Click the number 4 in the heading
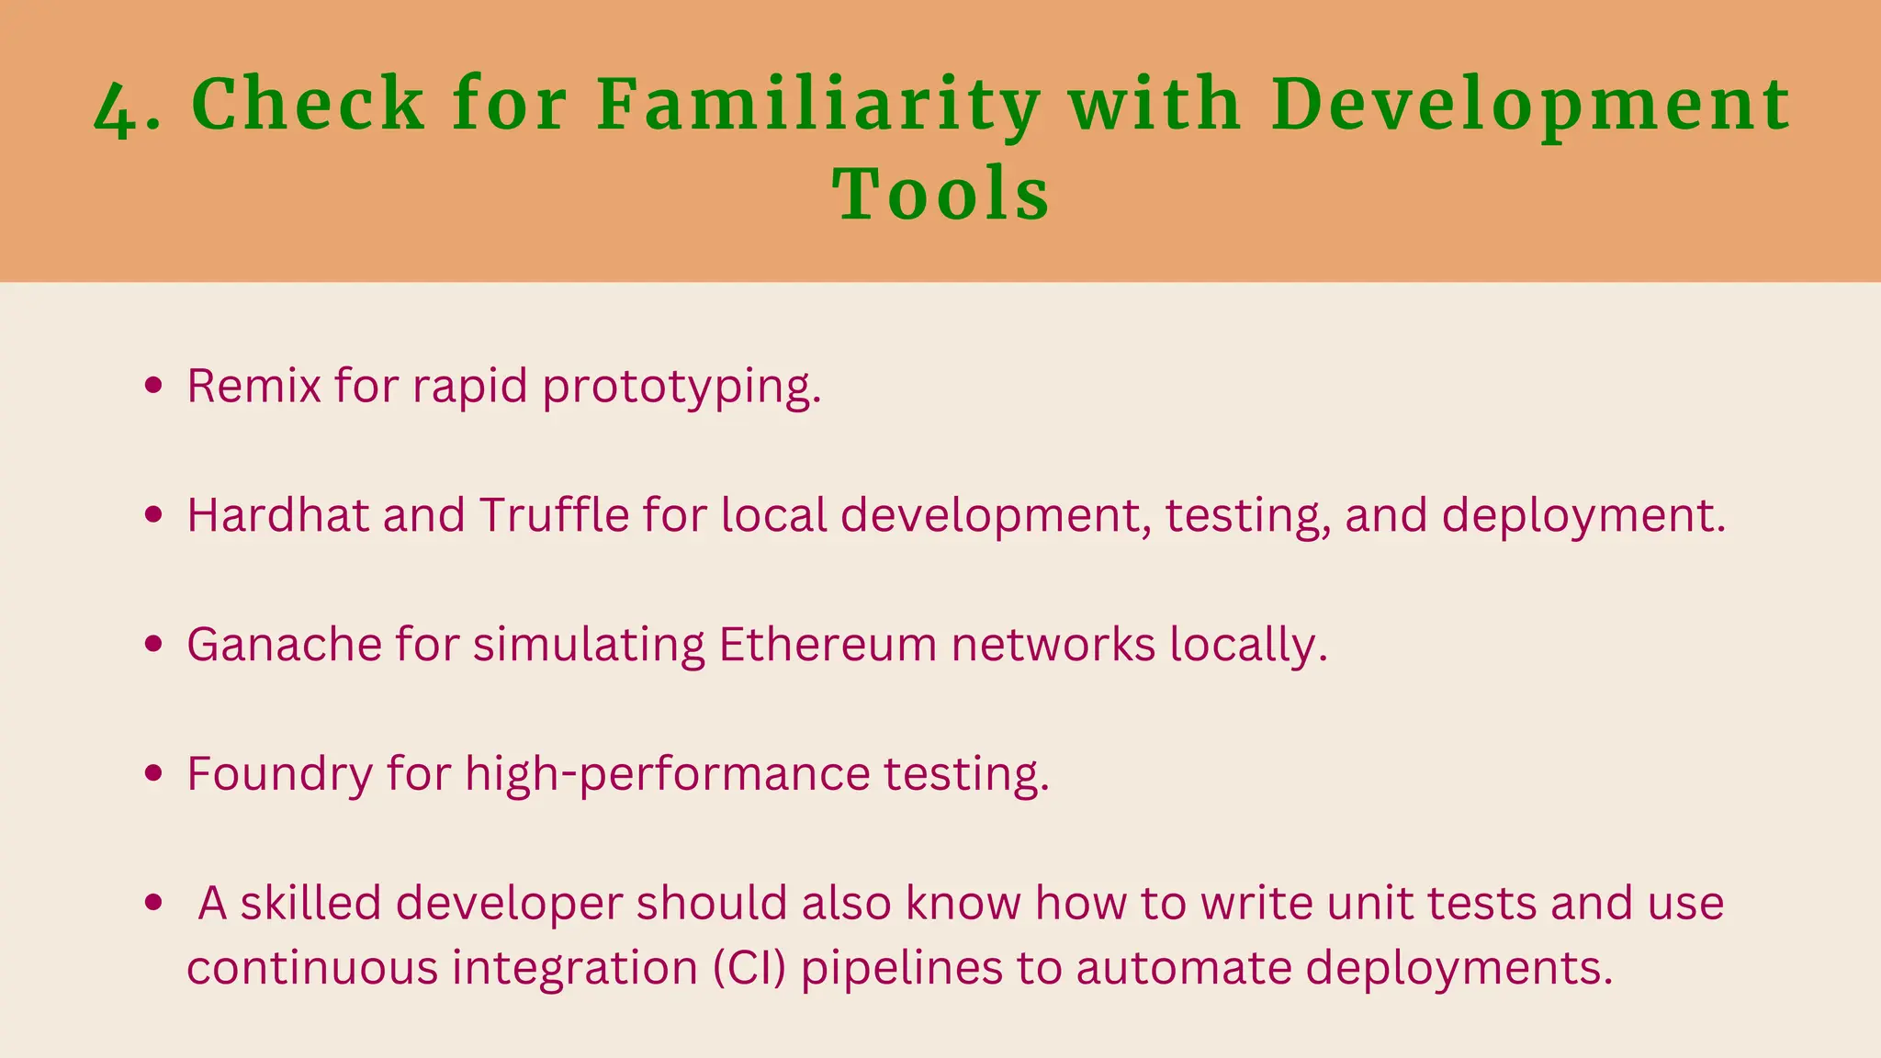[x=116, y=108]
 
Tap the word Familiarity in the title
[x=817, y=103]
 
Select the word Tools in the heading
[x=940, y=195]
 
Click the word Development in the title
[x=1530, y=103]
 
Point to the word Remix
[x=254, y=385]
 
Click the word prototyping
[x=681, y=387]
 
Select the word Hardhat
[x=277, y=514]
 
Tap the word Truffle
[x=554, y=514]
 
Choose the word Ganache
[x=284, y=644]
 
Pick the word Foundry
[x=279, y=773]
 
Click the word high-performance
[x=667, y=773]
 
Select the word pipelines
[x=901, y=967]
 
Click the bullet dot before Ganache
[x=154, y=644]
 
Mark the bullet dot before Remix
[x=154, y=385]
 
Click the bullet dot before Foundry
[x=154, y=773]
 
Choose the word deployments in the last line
[x=1458, y=967]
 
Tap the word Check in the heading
[x=308, y=103]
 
